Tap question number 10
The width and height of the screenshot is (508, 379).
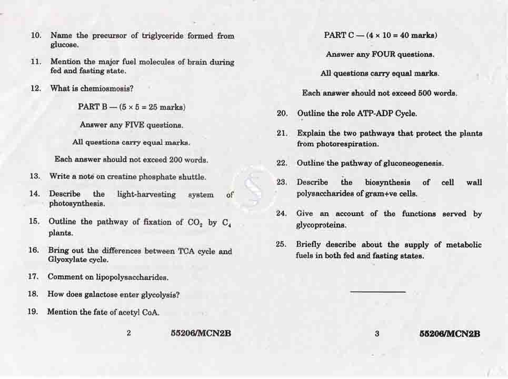pyautogui.click(x=36, y=36)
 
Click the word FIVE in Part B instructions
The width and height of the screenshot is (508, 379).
pyautogui.click(x=134, y=125)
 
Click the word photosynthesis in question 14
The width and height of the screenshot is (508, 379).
pyautogui.click(x=77, y=204)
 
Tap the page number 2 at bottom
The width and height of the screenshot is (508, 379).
pyautogui.click(x=128, y=333)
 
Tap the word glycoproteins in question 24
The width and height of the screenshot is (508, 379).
pyautogui.click(x=321, y=225)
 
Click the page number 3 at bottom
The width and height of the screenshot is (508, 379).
pyautogui.click(x=377, y=333)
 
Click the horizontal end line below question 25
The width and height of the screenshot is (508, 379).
pyautogui.click(x=377, y=292)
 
